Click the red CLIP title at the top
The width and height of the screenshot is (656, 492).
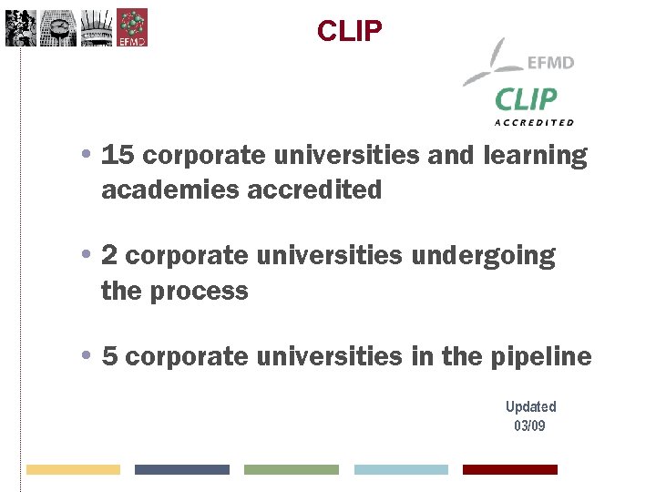click(350, 31)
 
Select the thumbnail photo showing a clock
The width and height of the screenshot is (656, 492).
click(58, 28)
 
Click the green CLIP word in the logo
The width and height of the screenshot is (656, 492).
click(526, 99)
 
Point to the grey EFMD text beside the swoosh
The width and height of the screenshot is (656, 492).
click(550, 63)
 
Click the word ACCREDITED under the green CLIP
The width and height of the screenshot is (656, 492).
click(534, 122)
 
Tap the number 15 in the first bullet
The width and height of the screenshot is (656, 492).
click(118, 156)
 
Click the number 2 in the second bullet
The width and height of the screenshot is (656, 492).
click(110, 256)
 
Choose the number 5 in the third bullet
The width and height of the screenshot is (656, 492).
click(110, 356)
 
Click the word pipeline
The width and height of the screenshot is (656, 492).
click(542, 356)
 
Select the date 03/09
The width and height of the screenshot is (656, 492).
click(530, 425)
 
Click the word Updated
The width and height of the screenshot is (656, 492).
click(530, 406)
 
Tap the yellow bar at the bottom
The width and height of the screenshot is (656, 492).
click(73, 469)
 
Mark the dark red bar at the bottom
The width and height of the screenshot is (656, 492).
click(509, 469)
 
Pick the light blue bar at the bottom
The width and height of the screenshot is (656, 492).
click(401, 469)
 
